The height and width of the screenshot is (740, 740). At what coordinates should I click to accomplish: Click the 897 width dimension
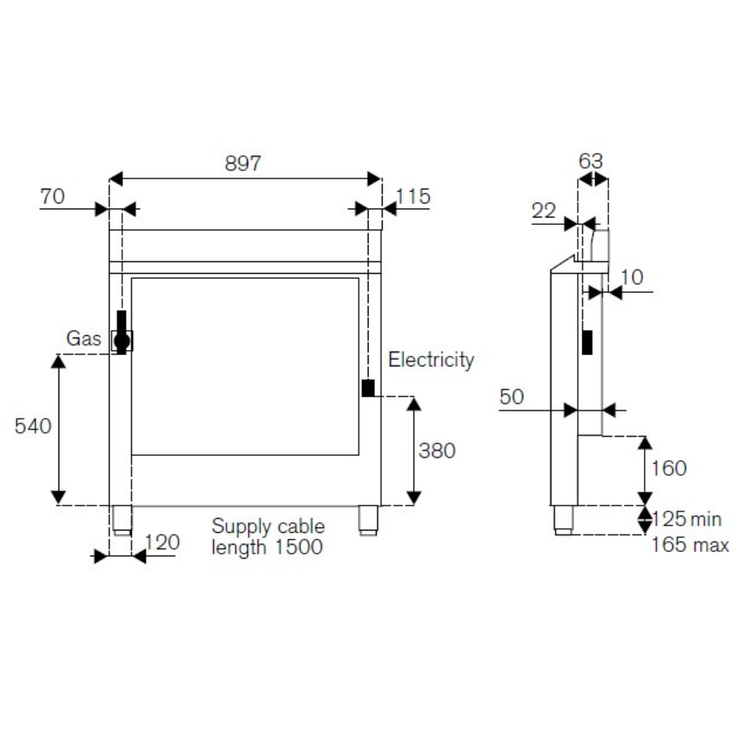pyautogui.click(x=243, y=164)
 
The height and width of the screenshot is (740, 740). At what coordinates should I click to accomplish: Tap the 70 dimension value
pyautogui.click(x=53, y=196)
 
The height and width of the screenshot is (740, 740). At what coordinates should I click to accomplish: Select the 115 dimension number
pyautogui.click(x=413, y=196)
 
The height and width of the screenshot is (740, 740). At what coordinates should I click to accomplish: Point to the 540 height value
pyautogui.click(x=33, y=426)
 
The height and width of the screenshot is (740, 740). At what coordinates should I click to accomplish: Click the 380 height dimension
pyautogui.click(x=437, y=451)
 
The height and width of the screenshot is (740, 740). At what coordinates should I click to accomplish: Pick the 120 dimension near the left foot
pyautogui.click(x=162, y=542)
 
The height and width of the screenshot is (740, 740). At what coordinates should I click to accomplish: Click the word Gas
pyautogui.click(x=84, y=338)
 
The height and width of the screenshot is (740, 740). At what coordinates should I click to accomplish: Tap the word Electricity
pyautogui.click(x=431, y=360)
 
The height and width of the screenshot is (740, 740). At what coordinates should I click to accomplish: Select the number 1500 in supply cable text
pyautogui.click(x=299, y=547)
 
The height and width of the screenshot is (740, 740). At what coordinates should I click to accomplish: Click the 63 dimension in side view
pyautogui.click(x=591, y=161)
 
